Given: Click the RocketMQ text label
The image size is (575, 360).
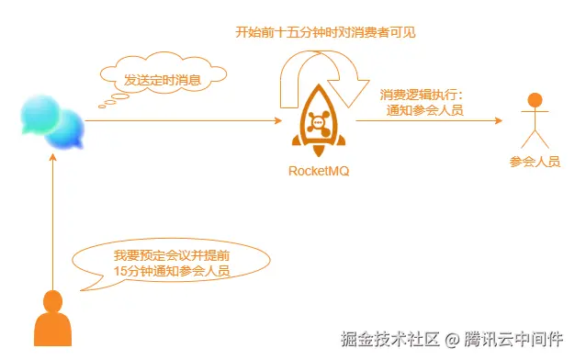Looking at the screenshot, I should (x=320, y=171).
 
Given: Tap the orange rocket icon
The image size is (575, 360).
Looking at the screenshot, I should (x=319, y=123).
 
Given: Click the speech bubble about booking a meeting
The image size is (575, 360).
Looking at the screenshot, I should (x=172, y=263).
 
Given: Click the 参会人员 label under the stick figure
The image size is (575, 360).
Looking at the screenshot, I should (x=535, y=162).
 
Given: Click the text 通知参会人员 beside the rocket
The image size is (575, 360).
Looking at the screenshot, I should (x=424, y=111).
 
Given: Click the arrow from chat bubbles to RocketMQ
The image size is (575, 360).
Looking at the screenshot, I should (x=184, y=121).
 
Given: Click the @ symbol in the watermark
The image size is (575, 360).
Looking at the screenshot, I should (x=451, y=339).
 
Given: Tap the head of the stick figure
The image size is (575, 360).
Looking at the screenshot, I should (x=535, y=100).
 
